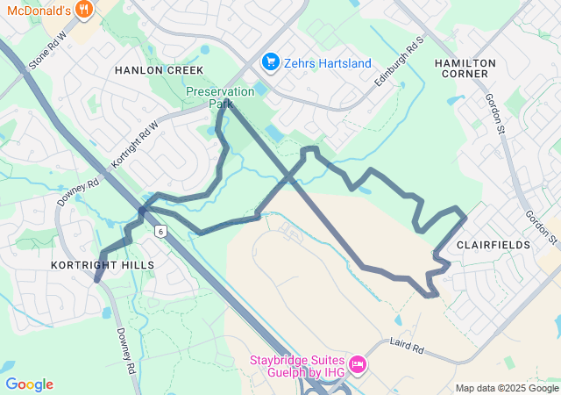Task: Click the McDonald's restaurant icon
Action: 84,10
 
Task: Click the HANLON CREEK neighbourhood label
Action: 159,70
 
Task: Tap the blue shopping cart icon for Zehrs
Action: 271,62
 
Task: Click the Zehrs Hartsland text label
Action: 329,63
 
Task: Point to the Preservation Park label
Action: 220,97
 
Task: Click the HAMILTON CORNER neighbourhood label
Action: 465,68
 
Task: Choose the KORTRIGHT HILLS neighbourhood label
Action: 103,264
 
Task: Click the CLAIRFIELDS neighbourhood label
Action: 493,245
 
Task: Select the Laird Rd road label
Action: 407,346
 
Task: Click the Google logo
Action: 29,384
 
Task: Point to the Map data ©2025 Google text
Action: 507,388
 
